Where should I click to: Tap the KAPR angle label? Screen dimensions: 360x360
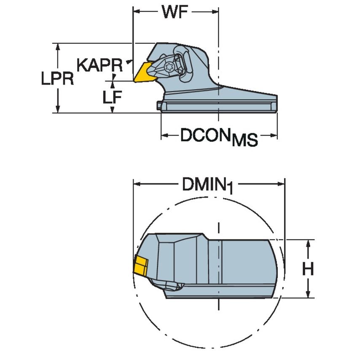[99, 65]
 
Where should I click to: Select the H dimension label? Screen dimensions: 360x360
[308, 269]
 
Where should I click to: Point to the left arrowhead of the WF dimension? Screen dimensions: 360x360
[136, 12]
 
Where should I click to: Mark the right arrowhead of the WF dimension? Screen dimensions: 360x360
[215, 12]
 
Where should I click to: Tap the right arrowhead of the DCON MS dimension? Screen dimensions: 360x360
[274, 135]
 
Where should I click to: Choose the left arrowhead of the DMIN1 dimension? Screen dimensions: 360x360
[137, 184]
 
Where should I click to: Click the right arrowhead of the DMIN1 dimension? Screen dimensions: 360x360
[282, 184]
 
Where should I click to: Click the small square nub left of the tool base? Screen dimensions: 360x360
[159, 106]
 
